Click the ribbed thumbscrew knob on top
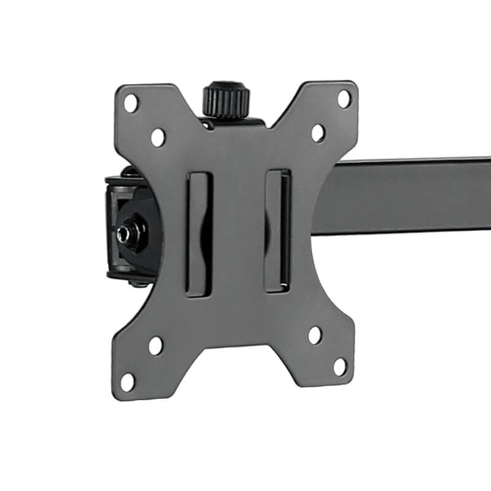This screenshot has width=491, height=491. [226, 99]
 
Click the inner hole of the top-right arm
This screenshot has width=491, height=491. [318, 133]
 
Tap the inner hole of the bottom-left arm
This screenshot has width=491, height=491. [155, 346]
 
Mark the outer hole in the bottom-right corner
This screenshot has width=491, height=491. [339, 366]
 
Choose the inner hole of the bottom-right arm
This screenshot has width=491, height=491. [314, 335]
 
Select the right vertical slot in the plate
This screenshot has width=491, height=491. [277, 230]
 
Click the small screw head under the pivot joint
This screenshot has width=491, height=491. [133, 282]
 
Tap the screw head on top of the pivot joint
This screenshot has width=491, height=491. [130, 172]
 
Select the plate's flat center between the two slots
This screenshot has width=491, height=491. [238, 233]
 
